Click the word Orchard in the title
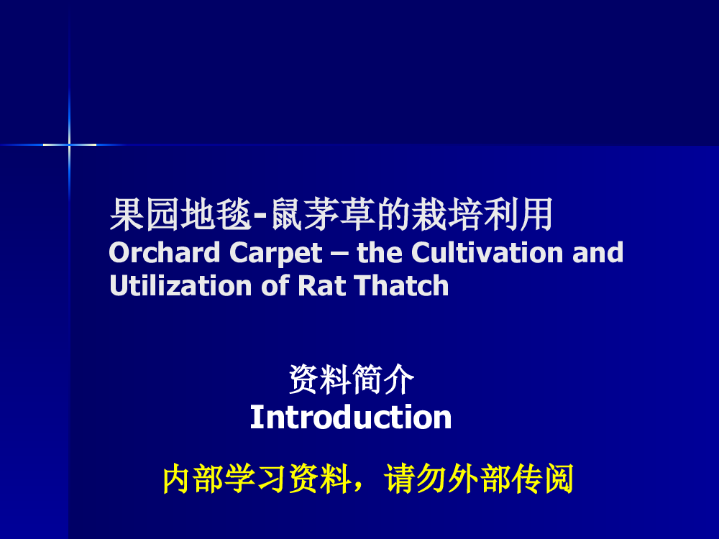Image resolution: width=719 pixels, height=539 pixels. [x=164, y=252]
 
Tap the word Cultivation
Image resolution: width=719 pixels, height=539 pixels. [x=487, y=252]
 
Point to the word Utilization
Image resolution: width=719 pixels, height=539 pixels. [x=180, y=285]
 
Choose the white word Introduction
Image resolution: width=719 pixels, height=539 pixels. [x=351, y=417]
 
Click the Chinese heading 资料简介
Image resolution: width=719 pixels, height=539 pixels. [x=352, y=379]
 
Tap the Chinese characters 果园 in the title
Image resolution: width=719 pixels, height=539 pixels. [x=145, y=214]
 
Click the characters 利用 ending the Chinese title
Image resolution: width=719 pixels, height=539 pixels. [x=518, y=214]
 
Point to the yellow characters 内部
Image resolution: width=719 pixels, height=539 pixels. [x=193, y=479]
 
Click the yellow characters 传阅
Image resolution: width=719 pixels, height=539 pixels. [x=542, y=479]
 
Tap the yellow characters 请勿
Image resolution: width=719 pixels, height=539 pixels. [x=415, y=479]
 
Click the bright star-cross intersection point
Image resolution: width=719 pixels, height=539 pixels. [x=69, y=144]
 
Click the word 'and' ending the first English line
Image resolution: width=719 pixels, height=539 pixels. [x=598, y=252]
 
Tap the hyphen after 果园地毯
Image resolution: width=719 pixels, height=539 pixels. [x=260, y=217]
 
